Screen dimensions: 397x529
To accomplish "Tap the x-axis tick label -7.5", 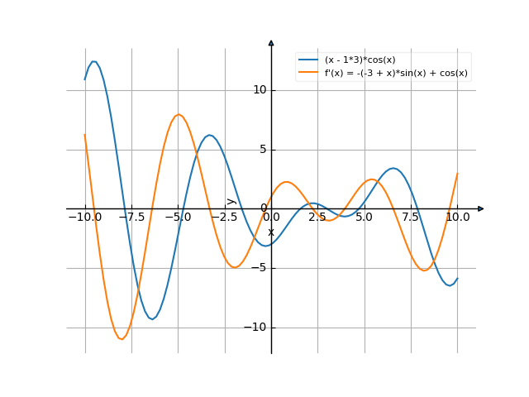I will click(x=131, y=217).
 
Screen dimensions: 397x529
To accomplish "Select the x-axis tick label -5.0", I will click(x=177, y=217).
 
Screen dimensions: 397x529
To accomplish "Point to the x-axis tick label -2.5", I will click(x=224, y=217).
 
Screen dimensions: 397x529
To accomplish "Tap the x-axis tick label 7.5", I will click(x=411, y=217).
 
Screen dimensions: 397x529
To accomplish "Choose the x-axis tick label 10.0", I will click(x=457, y=217).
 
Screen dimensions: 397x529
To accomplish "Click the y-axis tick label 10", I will click(x=259, y=89).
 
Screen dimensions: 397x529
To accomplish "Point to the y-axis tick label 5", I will click(x=262, y=150).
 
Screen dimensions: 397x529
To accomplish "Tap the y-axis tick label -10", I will click(x=255, y=328).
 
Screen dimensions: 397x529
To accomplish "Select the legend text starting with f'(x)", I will click(x=396, y=73).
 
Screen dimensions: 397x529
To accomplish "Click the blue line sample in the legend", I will click(x=309, y=60).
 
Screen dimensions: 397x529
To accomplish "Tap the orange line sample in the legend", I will click(x=309, y=73).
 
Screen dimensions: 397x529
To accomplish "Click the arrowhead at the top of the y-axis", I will click(x=271, y=41).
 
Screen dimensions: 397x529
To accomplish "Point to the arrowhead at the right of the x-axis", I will click(x=481, y=208).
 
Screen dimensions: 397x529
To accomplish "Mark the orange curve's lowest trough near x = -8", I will click(x=122, y=339).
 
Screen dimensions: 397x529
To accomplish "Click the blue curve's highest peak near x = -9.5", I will click(x=94, y=61).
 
